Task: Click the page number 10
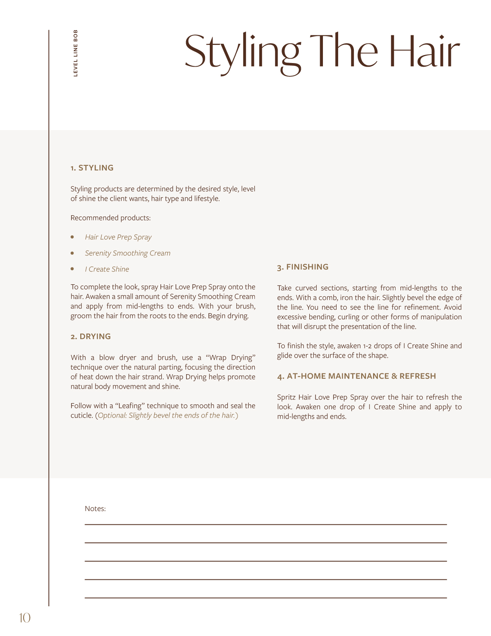coord(24,618)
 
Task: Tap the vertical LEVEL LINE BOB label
coord(75,53)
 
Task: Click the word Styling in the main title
coord(242,52)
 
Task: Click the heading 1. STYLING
coord(92,168)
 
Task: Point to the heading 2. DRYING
coord(91,336)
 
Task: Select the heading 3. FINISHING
coord(302,267)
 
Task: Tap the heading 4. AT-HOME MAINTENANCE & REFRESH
coord(356,376)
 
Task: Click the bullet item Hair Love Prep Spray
coord(118,237)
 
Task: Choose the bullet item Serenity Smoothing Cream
coord(128,253)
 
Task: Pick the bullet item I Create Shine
coord(107,269)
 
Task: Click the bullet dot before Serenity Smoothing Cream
coord(72,253)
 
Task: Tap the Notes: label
coord(95,509)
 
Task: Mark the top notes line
coord(266,524)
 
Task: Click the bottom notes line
coord(266,598)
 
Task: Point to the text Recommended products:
coord(110,218)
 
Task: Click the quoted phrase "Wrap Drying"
coord(231,358)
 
